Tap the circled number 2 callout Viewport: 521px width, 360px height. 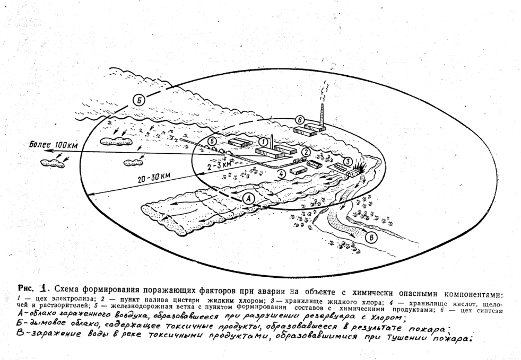(306, 152)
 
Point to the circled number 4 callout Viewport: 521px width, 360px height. (282, 173)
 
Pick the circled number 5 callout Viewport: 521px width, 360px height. (212, 142)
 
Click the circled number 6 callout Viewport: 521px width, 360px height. (299, 120)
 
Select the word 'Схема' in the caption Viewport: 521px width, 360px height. (74, 289)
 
